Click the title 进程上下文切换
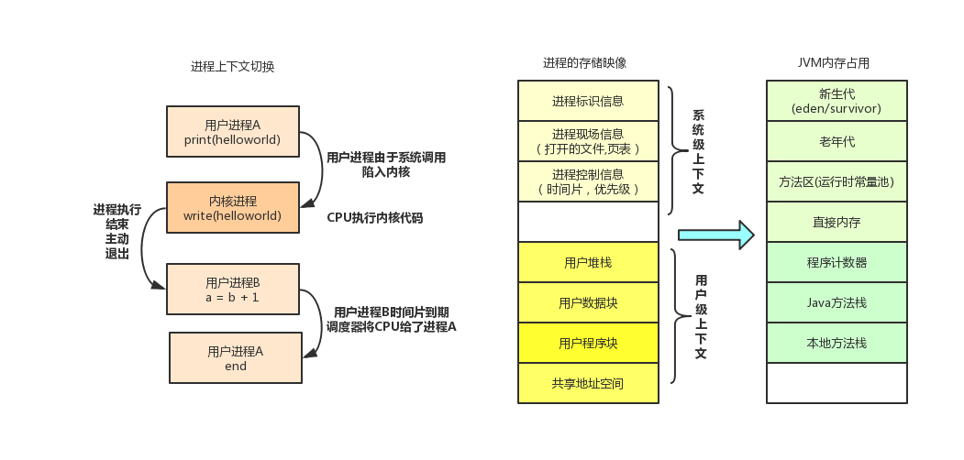(x=232, y=67)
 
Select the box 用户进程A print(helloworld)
(x=232, y=131)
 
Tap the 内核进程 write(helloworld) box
(x=232, y=208)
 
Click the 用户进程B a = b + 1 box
(x=232, y=290)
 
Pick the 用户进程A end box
(x=236, y=358)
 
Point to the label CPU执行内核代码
(x=375, y=217)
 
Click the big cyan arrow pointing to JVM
(x=716, y=235)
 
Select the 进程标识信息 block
(x=588, y=101)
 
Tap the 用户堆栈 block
(x=588, y=262)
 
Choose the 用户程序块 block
(x=588, y=343)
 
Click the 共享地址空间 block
(x=588, y=383)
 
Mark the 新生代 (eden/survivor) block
(x=837, y=101)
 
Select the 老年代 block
(x=837, y=141)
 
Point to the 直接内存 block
(x=837, y=222)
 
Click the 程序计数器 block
(x=837, y=262)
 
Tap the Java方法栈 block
(x=837, y=302)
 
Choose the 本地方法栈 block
(x=837, y=343)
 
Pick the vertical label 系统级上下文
(x=698, y=152)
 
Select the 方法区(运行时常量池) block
(x=837, y=181)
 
